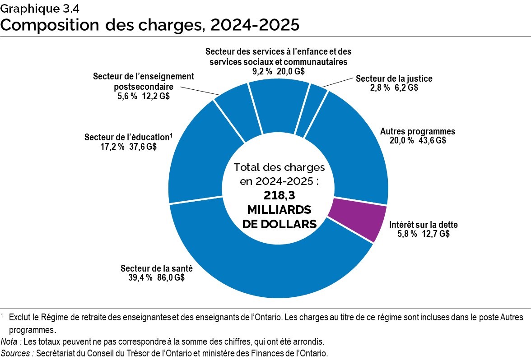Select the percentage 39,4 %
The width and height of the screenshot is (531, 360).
(x=140, y=277)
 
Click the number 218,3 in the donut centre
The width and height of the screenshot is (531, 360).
(x=279, y=195)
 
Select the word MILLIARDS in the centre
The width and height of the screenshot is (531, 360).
(x=279, y=210)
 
